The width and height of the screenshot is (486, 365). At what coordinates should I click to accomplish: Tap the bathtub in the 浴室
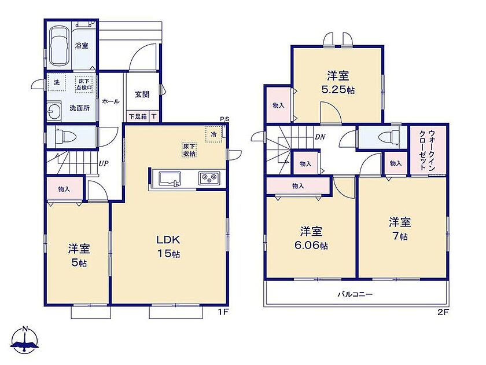click(x=59, y=46)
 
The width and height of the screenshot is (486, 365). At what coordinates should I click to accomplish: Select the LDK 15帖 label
click(x=168, y=246)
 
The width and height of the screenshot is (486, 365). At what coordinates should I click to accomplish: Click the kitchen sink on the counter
click(x=170, y=179)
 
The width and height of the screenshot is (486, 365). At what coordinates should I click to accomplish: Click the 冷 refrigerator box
click(x=214, y=134)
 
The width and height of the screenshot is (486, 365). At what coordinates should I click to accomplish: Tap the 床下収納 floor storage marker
click(x=189, y=150)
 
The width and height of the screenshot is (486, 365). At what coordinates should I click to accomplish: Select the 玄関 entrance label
click(x=142, y=94)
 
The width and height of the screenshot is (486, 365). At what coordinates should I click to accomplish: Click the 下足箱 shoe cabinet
click(x=138, y=116)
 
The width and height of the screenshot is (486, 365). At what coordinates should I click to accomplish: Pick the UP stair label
click(x=104, y=163)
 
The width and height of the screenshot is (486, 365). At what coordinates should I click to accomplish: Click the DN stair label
click(x=320, y=137)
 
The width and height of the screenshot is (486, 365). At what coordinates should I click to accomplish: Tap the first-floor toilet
click(x=65, y=137)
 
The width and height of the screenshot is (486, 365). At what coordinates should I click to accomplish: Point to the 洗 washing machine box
click(x=57, y=82)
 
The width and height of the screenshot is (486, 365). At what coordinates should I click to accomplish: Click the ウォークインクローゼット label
click(x=427, y=150)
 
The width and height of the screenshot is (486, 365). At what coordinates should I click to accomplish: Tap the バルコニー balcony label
click(x=355, y=294)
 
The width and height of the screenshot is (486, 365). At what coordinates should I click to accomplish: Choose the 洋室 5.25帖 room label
click(x=338, y=82)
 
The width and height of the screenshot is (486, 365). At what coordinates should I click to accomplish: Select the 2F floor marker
click(x=443, y=312)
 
